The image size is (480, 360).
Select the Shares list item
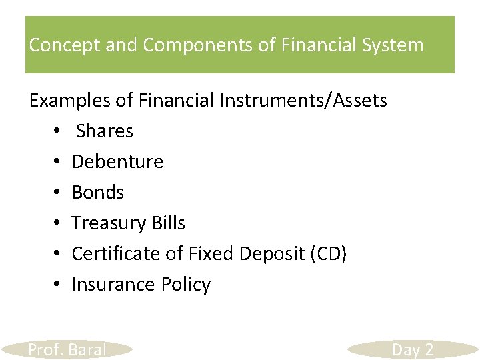pos(105,131)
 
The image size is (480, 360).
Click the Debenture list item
pos(117,162)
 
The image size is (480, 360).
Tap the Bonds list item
pos(98,193)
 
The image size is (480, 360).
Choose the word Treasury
pos(109,223)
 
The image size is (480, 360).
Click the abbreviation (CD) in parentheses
pos(331,254)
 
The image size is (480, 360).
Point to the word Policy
pos(186,285)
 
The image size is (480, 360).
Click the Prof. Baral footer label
pos(67,349)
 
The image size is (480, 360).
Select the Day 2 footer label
pos(412,349)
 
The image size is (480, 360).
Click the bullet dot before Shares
pos(59,132)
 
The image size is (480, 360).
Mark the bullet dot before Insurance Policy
pos(59,285)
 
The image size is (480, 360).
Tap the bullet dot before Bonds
pos(59,193)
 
